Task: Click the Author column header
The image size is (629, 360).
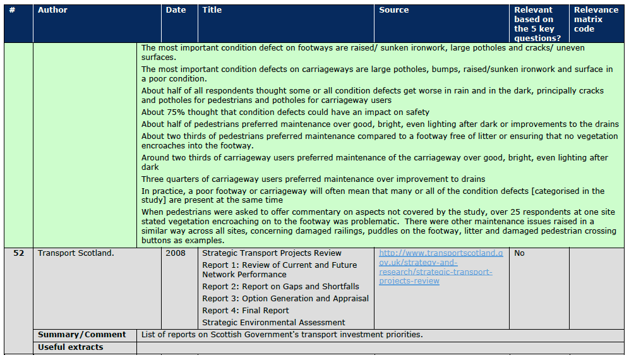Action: pyautogui.click(x=52, y=10)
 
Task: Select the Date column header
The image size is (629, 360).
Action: pyautogui.click(x=176, y=10)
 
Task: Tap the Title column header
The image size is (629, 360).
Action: pyautogui.click(x=212, y=10)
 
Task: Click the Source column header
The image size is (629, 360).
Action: pyautogui.click(x=394, y=10)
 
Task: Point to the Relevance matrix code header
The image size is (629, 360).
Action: pyautogui.click(x=596, y=19)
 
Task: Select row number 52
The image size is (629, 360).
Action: pyautogui.click(x=18, y=253)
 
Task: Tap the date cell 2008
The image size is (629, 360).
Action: pyautogui.click(x=176, y=253)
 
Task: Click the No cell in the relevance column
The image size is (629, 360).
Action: pyautogui.click(x=520, y=253)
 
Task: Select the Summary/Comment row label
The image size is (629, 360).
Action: pyautogui.click(x=82, y=335)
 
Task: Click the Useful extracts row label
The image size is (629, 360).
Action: pyautogui.click(x=71, y=347)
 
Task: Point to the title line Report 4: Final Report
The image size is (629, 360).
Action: pyautogui.click(x=246, y=310)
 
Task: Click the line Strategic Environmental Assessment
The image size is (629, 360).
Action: pyautogui.click(x=274, y=322)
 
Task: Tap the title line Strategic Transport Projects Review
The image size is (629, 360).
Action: pyautogui.click(x=272, y=253)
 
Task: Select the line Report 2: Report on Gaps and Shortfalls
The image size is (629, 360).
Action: pyautogui.click(x=281, y=286)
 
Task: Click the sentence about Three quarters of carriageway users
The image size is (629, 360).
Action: pyautogui.click(x=313, y=179)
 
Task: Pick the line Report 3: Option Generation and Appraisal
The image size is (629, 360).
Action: pyautogui.click(x=285, y=298)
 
